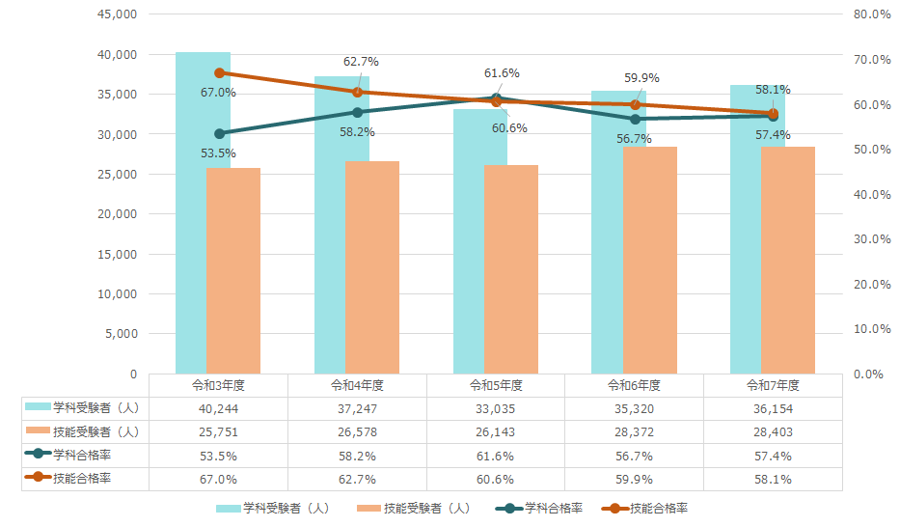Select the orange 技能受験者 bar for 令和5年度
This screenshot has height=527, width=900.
tap(510, 269)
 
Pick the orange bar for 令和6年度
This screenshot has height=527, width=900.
tap(649, 260)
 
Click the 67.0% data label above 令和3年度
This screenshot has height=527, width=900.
tap(218, 93)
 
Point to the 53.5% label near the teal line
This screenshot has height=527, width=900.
tap(218, 153)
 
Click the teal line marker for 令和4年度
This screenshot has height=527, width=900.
tap(358, 112)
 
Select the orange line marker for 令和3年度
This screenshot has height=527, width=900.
tap(219, 72)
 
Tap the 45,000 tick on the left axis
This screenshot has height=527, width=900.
tap(118, 14)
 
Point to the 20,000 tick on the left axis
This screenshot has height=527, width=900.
tap(118, 214)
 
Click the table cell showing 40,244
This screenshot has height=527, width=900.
tap(218, 409)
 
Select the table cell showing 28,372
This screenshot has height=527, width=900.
tap(634, 431)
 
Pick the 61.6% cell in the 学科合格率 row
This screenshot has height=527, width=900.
tap(496, 456)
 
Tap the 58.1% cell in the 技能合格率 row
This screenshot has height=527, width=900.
tap(773, 479)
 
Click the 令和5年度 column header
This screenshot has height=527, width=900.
tap(496, 385)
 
